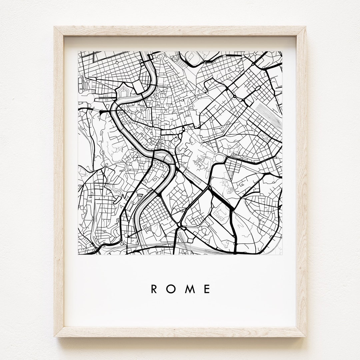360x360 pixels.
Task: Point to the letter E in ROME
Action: [208, 289]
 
